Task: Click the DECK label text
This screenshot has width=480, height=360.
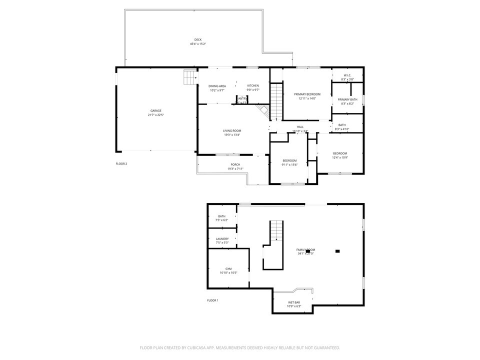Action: coord(198,40)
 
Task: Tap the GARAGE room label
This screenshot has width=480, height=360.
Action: coord(156,111)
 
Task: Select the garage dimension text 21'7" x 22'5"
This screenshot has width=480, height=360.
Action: coord(156,115)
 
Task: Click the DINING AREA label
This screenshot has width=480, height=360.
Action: coord(217,86)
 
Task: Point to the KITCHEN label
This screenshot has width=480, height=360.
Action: coord(253,86)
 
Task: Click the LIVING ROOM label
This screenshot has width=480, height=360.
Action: coord(232,130)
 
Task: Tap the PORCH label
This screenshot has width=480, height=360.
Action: coord(235,165)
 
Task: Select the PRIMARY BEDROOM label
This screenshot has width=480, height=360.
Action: coord(307,94)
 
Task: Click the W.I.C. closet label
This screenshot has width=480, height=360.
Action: coord(347,75)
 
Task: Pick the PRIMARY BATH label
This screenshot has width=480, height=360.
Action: coord(347,99)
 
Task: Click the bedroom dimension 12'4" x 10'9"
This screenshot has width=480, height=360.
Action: coord(340,158)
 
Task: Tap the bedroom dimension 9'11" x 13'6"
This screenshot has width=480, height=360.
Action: coord(289,164)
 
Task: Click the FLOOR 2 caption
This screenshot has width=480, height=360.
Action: coord(121,163)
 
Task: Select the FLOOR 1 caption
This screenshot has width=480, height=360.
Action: coord(213,300)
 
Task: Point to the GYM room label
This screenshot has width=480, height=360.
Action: coord(228,268)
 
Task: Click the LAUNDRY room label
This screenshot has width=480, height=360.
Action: coord(222,238)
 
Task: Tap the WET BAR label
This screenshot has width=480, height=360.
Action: coord(294,302)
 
